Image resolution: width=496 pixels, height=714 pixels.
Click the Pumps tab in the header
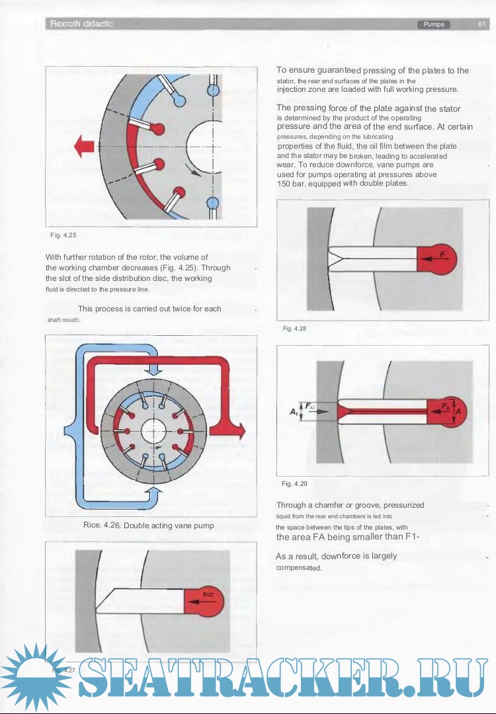click(x=434, y=24)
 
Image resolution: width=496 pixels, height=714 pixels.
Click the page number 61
click(x=482, y=24)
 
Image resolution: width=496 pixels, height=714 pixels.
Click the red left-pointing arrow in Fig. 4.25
click(x=84, y=146)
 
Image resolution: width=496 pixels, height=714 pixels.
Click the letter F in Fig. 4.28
click(x=442, y=254)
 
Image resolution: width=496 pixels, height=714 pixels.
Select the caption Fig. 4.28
click(x=294, y=328)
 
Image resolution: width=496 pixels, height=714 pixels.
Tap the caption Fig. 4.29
click(x=294, y=483)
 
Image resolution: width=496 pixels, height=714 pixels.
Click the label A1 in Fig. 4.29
click(x=292, y=412)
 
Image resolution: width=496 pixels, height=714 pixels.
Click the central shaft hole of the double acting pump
click(x=151, y=430)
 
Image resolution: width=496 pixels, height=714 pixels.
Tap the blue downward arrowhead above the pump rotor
click(x=153, y=370)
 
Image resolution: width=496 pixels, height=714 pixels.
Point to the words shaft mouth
click(x=63, y=320)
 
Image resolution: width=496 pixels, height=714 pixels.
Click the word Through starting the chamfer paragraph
click(x=291, y=505)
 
